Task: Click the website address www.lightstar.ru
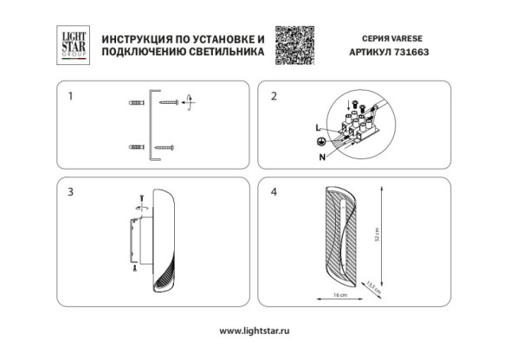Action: [x=254, y=331]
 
